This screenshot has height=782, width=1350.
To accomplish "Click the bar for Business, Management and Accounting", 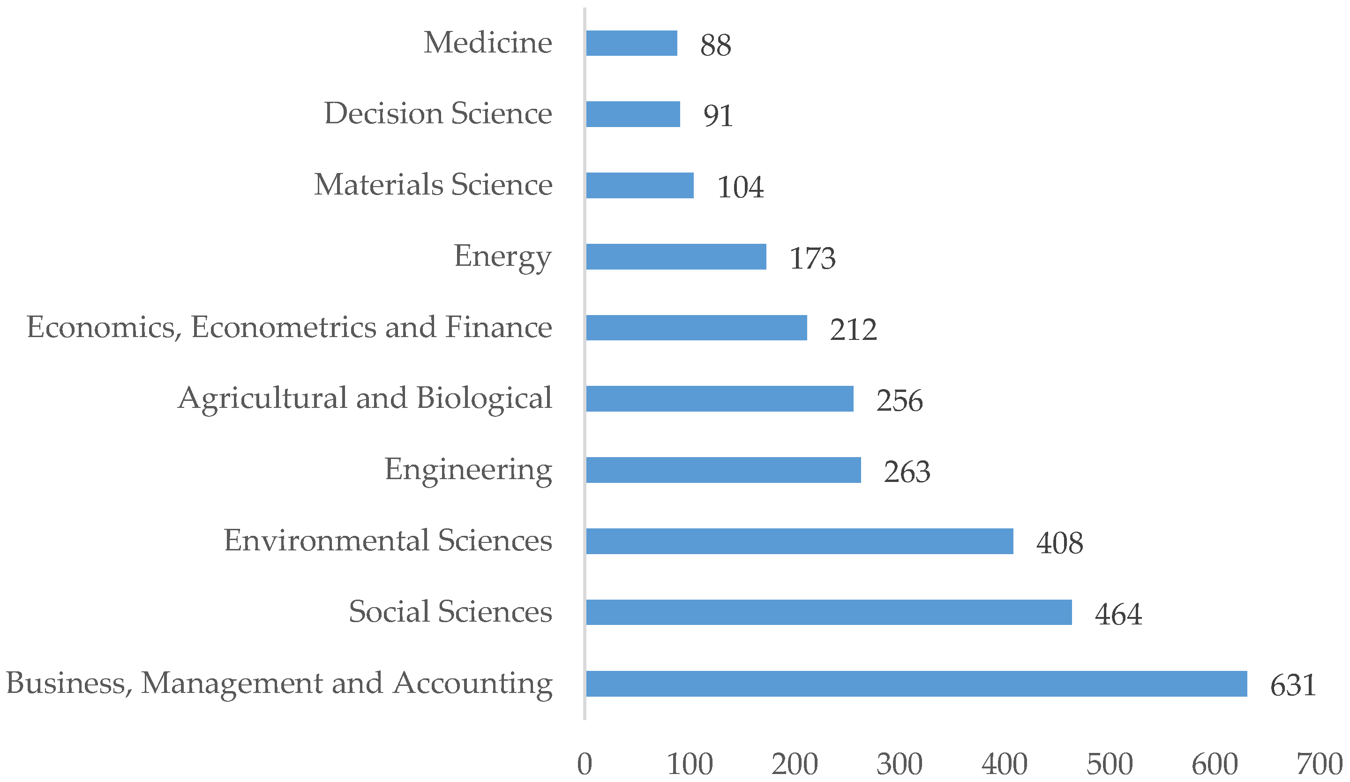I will (x=916, y=684).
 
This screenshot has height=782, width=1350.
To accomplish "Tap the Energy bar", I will (x=675, y=256).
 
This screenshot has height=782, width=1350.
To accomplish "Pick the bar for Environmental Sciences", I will (x=799, y=541).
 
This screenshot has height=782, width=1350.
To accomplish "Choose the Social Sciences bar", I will (x=829, y=612).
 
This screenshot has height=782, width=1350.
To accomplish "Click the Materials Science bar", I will (x=640, y=185).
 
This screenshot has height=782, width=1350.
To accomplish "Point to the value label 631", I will (x=1293, y=685).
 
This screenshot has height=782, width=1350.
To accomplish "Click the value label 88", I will (x=715, y=45).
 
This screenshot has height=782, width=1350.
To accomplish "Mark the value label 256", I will (x=899, y=401).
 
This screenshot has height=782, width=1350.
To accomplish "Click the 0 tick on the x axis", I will (x=585, y=764).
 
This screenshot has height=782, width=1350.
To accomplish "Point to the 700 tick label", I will (x=1319, y=764).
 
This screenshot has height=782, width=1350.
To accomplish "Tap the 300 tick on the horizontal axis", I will (x=900, y=764).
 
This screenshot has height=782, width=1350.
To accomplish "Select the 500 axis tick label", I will (x=1109, y=764).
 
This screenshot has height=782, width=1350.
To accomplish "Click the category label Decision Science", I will (x=438, y=113).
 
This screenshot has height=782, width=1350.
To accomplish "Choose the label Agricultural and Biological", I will (x=364, y=399).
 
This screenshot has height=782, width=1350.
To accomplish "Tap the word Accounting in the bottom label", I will (x=472, y=684).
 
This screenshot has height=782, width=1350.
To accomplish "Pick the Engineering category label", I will (x=468, y=470).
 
